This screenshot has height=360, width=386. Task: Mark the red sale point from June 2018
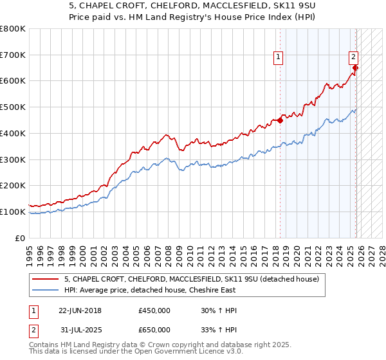280,120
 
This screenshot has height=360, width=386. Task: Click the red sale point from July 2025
356,67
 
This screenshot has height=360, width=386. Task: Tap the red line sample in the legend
45,278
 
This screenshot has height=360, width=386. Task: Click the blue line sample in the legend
45,290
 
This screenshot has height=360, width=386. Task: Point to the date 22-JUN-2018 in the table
80,310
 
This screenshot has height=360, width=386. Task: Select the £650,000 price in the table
154,330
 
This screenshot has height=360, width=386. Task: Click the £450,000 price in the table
154,310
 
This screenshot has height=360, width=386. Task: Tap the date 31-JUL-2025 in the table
80,330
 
